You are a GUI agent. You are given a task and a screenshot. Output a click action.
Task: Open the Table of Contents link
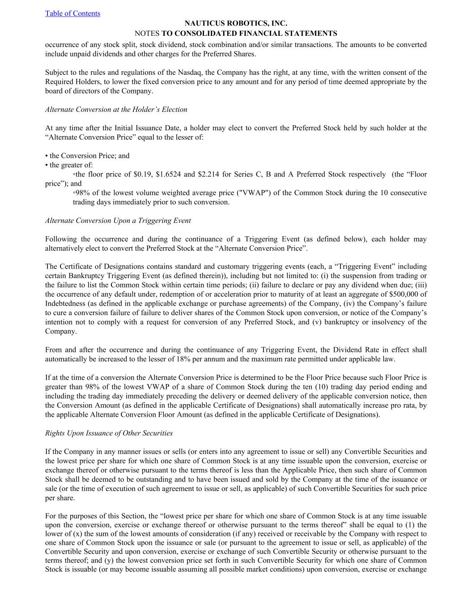coord(72,13)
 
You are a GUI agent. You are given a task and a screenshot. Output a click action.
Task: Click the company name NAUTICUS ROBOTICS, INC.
coord(236,23)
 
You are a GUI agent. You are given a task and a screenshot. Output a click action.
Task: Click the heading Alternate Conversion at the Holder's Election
coord(116,110)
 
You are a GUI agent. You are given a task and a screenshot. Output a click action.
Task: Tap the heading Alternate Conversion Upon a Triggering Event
coord(118,221)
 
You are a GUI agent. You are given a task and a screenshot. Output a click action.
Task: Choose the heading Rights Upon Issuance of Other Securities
coord(109,433)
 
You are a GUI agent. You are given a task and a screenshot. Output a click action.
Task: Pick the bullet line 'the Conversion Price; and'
coord(89,156)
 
